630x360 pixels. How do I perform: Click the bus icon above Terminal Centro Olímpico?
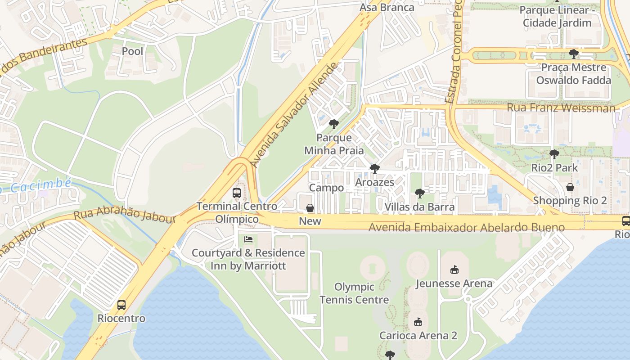click(237, 193)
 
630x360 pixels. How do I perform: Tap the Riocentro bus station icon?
click(121, 305)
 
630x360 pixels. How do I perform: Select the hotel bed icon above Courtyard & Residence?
click(248, 239)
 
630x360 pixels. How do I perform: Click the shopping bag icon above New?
click(310, 208)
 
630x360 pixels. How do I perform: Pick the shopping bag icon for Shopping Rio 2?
click(570, 187)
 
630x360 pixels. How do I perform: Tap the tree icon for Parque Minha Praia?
click(333, 124)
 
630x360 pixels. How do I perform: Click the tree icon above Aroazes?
click(374, 169)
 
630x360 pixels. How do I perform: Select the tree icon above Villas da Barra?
click(419, 193)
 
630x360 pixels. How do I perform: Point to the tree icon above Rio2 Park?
click(554, 154)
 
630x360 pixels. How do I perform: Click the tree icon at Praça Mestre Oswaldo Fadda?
click(573, 54)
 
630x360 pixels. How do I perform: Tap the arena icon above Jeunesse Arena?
click(454, 270)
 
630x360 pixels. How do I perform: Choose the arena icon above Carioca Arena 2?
click(418, 322)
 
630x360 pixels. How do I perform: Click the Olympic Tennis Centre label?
click(354, 293)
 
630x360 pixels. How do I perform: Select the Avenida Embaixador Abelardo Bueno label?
click(466, 228)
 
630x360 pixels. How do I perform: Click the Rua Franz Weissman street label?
click(561, 108)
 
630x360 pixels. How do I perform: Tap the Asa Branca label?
click(387, 8)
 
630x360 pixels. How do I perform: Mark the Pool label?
click(133, 51)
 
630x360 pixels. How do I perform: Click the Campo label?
click(327, 188)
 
